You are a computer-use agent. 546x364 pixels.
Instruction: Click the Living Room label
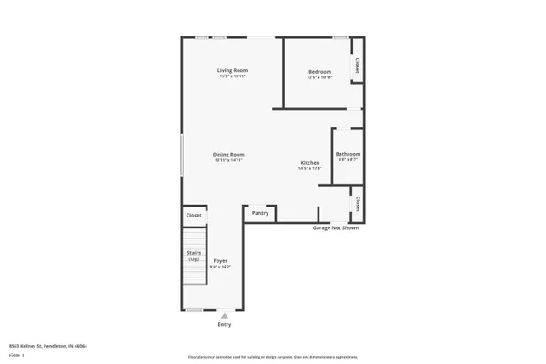pos(232,70)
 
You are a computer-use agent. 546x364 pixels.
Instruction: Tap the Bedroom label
pos(319,70)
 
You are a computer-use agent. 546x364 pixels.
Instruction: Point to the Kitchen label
pos(310,163)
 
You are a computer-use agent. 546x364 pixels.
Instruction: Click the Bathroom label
pos(348,154)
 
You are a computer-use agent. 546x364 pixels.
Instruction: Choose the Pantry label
pos(260,213)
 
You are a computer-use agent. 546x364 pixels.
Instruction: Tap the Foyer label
pos(221,260)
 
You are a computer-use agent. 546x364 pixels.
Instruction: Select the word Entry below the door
pos(225,324)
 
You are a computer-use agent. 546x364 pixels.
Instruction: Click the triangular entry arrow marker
pos(225,315)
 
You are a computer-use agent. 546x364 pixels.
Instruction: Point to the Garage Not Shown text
pos(336,228)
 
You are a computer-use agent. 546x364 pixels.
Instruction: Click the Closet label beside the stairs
pos(194,216)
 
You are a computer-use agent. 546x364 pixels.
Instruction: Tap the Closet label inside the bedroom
pos(358,66)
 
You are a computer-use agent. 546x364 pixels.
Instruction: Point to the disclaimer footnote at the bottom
pos(272,357)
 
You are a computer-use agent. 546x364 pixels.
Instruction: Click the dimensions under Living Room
pos(232,76)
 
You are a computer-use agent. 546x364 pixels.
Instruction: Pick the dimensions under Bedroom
pos(319,76)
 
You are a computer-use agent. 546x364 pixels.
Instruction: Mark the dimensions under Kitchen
pos(310,169)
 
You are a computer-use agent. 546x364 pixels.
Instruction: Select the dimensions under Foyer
pos(221,267)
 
